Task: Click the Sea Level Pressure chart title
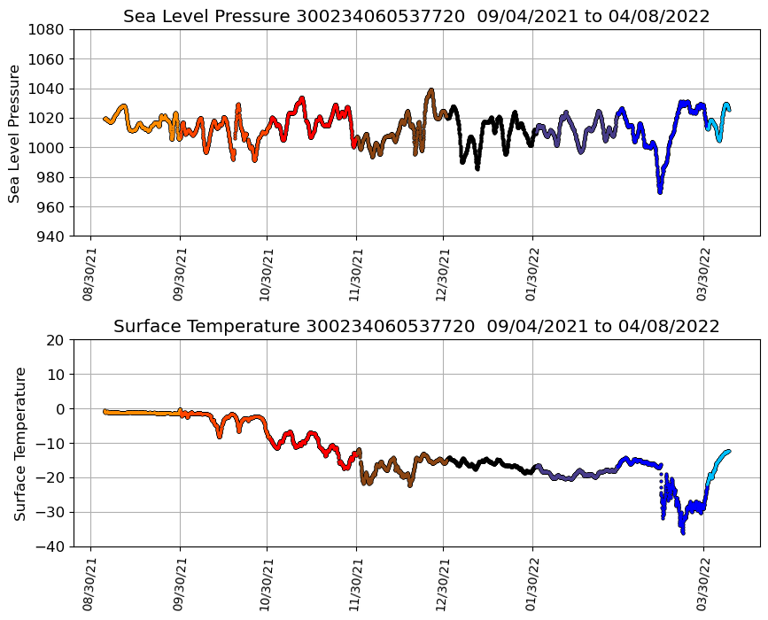[x=416, y=17]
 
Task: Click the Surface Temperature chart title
[x=416, y=327]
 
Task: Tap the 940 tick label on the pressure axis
[x=50, y=236]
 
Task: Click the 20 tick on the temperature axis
[x=55, y=340]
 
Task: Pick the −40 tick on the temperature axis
[x=50, y=547]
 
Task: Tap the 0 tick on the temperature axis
[x=59, y=409]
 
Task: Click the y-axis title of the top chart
[x=15, y=133]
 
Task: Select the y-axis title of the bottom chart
[x=19, y=443]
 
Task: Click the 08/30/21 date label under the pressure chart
[x=89, y=274]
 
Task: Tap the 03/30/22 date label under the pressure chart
[x=703, y=274]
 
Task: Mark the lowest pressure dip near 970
[x=660, y=190]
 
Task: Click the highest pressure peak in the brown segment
[x=431, y=89]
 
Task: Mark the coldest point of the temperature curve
[x=683, y=532]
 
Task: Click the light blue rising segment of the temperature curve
[x=716, y=464]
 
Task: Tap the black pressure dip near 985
[x=477, y=167]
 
